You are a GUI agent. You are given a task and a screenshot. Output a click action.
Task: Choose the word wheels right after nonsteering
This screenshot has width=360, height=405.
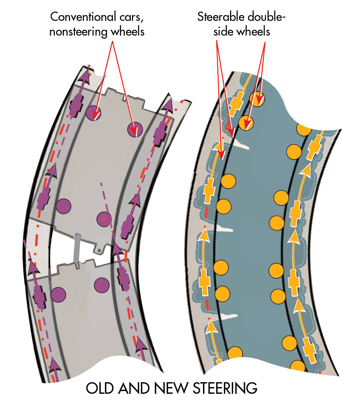click(124, 31)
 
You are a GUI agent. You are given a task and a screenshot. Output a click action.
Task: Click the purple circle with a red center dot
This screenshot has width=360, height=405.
click(104, 220)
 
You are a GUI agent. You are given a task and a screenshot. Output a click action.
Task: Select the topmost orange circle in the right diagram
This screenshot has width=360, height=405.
click(257, 99)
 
